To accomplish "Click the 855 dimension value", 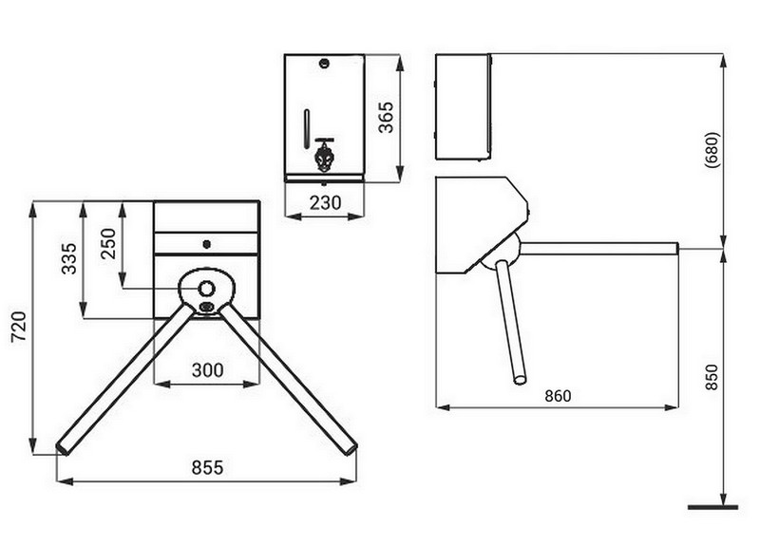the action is [x=207, y=467].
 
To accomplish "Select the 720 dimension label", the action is [x=19, y=327].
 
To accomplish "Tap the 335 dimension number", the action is [x=68, y=258].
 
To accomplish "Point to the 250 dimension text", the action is [x=108, y=244].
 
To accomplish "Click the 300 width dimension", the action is [x=207, y=370].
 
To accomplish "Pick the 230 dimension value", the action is [x=325, y=202].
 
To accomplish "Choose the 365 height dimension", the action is [x=386, y=117].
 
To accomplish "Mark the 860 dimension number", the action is [x=558, y=396].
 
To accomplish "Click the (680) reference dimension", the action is [x=712, y=150].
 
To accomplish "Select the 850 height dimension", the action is [x=711, y=377].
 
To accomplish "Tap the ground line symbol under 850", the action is [x=712, y=507].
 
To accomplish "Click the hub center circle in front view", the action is [x=207, y=289].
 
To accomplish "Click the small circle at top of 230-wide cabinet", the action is [x=324, y=63].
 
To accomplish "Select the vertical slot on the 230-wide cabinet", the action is [x=306, y=129].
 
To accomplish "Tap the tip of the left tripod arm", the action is [x=62, y=448].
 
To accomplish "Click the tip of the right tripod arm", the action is [x=351, y=448].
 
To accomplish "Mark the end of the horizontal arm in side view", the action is [x=676, y=249].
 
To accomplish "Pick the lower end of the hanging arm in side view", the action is [x=520, y=379].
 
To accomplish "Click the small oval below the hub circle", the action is [x=207, y=306].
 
